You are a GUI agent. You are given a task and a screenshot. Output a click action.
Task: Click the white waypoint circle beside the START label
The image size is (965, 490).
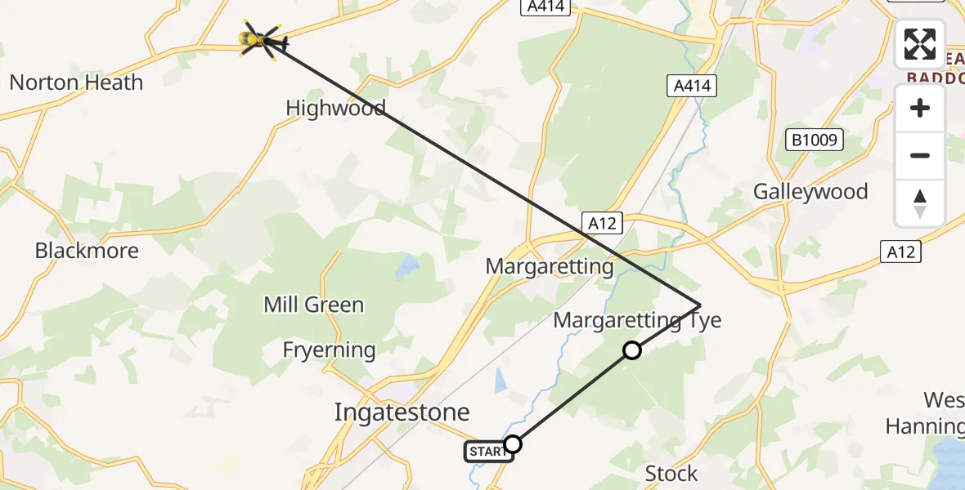pos(513,444)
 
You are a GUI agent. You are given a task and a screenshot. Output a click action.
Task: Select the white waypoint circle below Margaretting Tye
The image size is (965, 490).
pos(631,350)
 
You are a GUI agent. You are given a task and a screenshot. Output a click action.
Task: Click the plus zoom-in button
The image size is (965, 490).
pos(920,108)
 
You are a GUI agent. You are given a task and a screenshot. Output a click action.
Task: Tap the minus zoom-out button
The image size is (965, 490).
pos(920,155)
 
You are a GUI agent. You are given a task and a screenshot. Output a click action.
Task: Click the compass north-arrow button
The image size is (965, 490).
pos(920,203)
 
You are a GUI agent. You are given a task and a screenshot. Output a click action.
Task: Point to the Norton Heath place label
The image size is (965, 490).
pos(76,82)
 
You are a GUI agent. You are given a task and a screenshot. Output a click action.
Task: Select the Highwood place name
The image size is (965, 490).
pos(335,108)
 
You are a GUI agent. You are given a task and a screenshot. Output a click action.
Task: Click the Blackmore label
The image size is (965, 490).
pos(87,251)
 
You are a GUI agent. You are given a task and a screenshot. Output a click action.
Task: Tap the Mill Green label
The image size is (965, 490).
pos(313,305)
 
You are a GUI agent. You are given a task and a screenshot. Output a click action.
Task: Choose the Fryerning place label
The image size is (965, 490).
pos(329,350)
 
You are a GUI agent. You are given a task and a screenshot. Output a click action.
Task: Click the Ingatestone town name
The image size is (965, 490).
pos(402,412)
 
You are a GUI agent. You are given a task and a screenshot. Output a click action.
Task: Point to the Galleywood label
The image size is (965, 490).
pos(810,192)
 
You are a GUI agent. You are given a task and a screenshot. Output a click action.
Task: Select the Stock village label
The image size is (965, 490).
pos(671,473)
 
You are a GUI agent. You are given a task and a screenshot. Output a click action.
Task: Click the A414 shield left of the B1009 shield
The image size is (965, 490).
pos(691,86)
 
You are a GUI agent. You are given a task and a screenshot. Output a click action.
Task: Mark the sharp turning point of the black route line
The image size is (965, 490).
pos(701,305)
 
